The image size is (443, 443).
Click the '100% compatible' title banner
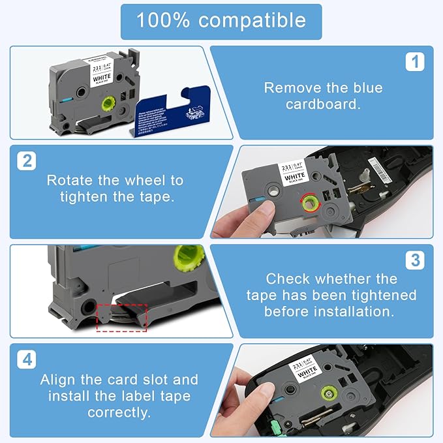tap(221, 21)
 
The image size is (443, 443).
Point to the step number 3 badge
tap(414, 260)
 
